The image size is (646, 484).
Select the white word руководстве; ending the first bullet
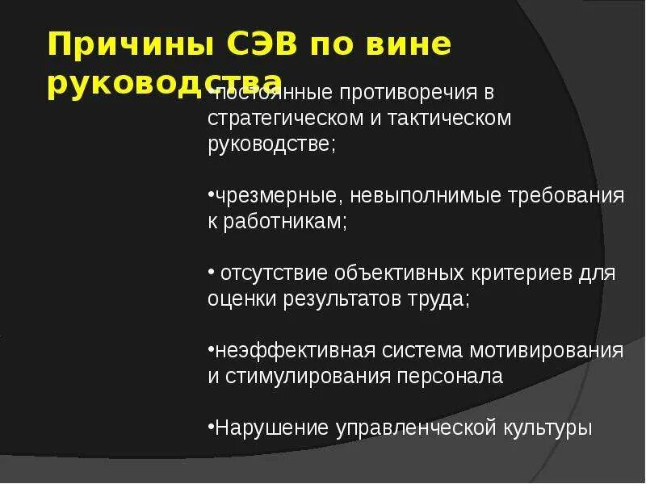(x=271, y=145)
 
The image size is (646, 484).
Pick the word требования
(x=567, y=196)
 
